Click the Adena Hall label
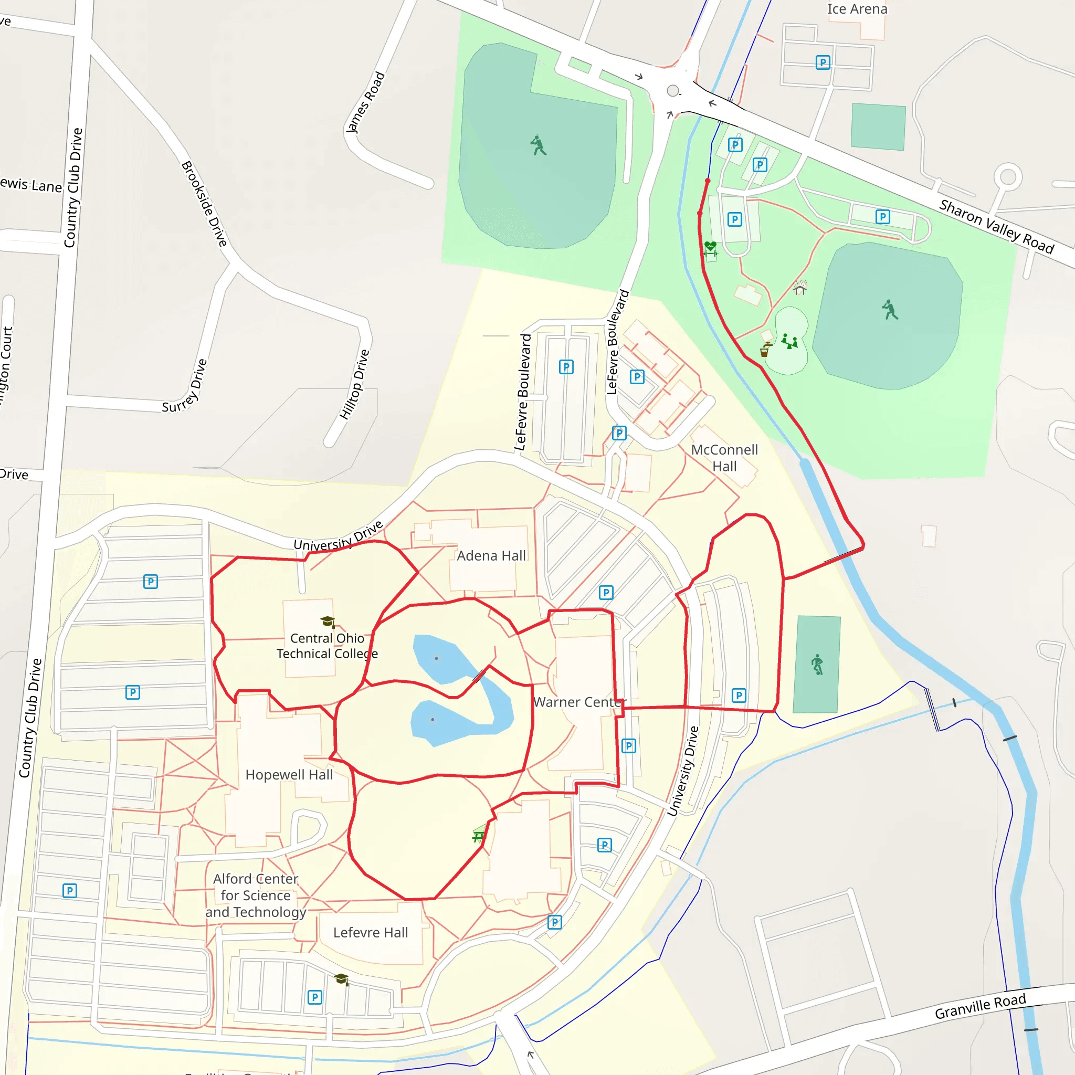pos(491,556)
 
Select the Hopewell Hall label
pos(289,775)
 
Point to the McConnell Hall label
pos(724,457)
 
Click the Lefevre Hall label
pos(371,933)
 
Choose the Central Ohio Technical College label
pos(327,646)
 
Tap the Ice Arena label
pos(857,9)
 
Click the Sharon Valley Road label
pos(996,226)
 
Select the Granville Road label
pos(980,1006)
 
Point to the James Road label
pos(365,102)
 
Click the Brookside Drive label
pos(204,204)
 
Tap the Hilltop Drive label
pos(354,384)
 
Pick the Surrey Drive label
pos(185,386)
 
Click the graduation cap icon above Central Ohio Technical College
pos(328,621)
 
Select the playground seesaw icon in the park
pos(789,341)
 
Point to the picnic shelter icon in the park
pos(799,288)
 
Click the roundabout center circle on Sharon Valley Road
pos(673,91)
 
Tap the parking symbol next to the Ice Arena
pos(823,62)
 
